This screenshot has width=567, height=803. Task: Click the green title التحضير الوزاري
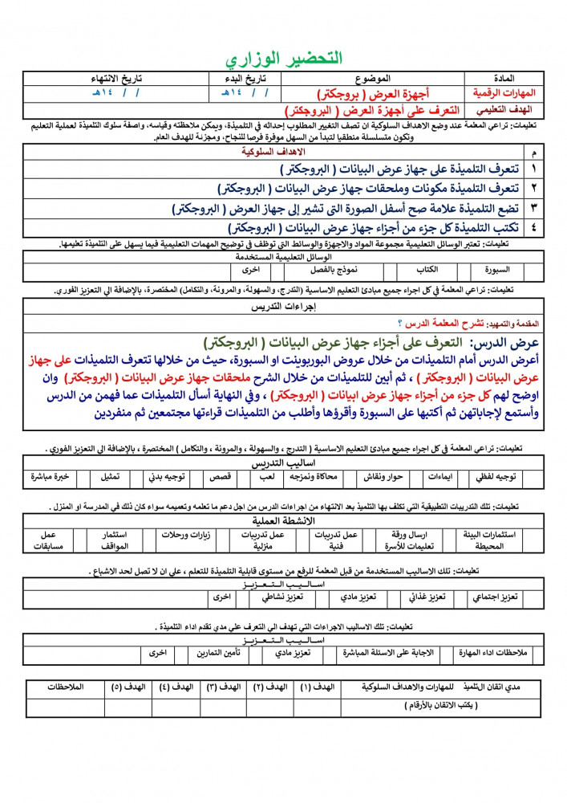[x=284, y=59]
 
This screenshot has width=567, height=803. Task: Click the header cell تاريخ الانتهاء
[x=107, y=79]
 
